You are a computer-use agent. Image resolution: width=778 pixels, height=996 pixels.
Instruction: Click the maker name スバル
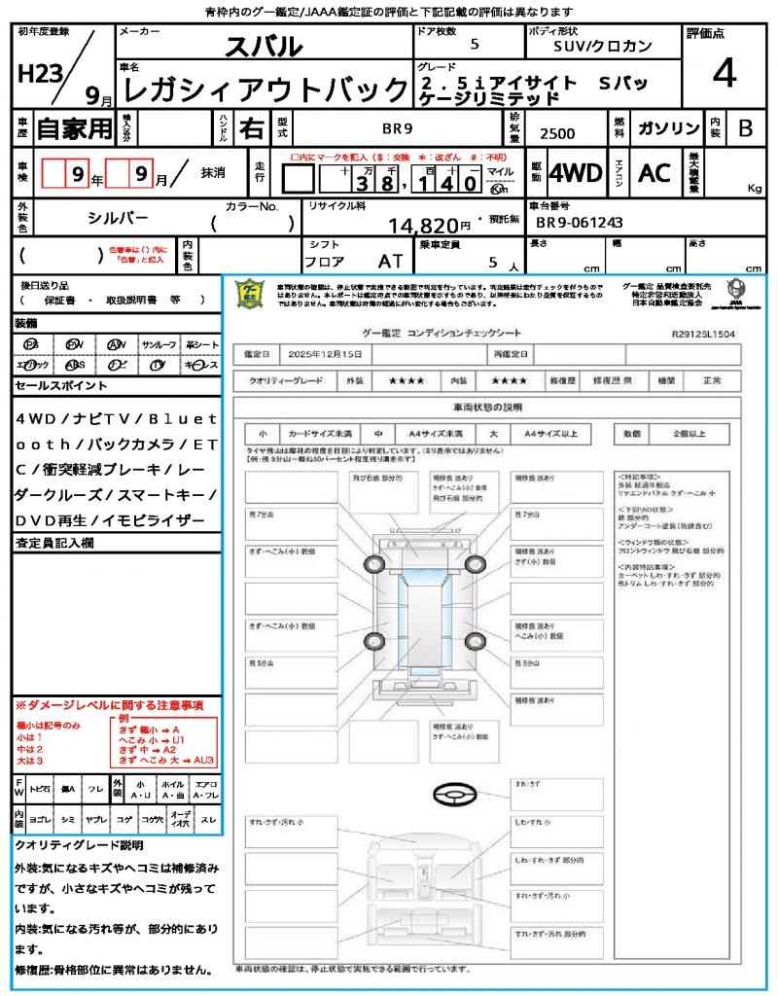point(264,46)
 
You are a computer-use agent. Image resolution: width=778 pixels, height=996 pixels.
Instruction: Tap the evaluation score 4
point(723,73)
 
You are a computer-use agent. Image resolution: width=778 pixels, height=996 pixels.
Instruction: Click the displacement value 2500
point(557,134)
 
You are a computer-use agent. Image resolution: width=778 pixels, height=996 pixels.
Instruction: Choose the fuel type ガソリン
point(667,128)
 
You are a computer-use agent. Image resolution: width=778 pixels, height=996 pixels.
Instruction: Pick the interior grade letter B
point(744,128)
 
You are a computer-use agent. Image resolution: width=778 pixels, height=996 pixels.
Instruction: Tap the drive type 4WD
point(575,173)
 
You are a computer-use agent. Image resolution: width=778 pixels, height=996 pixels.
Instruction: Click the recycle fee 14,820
point(424,226)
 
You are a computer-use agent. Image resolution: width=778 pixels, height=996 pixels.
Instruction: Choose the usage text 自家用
point(75,128)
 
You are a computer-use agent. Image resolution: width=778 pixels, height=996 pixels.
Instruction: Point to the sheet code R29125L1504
point(703,333)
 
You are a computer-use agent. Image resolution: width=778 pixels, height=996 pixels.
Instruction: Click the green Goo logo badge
point(250,293)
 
